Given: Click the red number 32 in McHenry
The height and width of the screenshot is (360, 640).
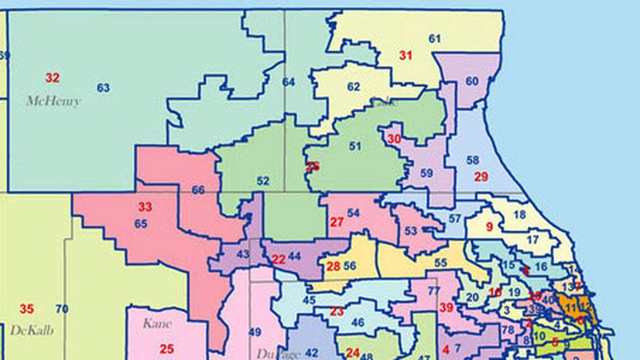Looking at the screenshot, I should click(x=52, y=78).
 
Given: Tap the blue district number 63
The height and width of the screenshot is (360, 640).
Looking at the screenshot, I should click(x=103, y=88).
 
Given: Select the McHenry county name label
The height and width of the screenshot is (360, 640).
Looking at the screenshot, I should click(x=53, y=102).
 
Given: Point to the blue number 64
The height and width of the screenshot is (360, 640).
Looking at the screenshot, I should click(x=289, y=83).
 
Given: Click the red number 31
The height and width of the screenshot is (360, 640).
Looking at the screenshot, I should click(x=406, y=56).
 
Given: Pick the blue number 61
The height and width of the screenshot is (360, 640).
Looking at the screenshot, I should click(x=435, y=39).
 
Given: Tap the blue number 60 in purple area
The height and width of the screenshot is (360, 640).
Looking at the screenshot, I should click(x=472, y=81).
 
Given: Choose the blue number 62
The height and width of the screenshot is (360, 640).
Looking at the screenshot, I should click(x=353, y=87).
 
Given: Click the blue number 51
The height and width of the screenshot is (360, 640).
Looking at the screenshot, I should click(x=354, y=147).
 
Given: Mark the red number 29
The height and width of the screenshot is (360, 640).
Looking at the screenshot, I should click(x=481, y=177).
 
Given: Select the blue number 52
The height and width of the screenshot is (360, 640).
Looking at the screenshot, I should click(x=263, y=181).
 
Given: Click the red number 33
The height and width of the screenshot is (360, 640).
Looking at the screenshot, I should click(x=145, y=207).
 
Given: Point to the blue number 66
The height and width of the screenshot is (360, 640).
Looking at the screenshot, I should click(x=198, y=190).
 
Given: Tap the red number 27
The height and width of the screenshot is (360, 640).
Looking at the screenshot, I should click(x=336, y=222).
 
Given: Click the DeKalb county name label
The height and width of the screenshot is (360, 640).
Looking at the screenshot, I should click(x=32, y=330).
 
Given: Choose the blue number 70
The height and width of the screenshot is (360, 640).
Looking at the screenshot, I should click(x=62, y=309).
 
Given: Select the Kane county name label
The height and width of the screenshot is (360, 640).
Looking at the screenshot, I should click(x=157, y=323).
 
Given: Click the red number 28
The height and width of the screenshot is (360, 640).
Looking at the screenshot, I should click(x=333, y=267).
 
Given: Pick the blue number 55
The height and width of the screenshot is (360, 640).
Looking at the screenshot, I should click(x=441, y=262).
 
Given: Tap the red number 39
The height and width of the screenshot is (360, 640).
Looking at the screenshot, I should click(x=446, y=307).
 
